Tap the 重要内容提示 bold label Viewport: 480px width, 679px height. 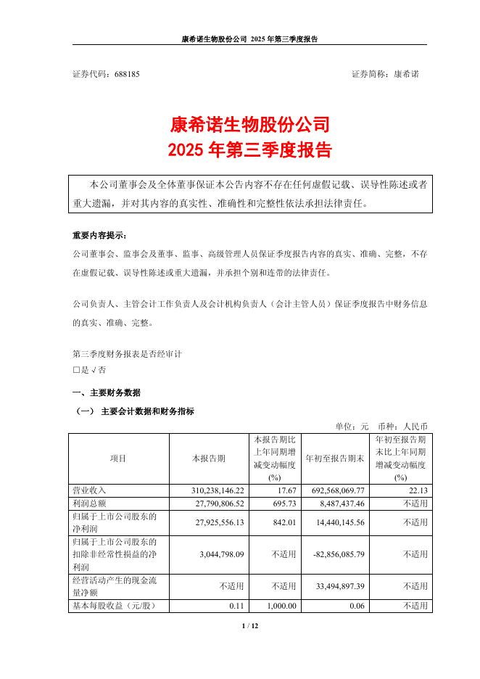[98, 236]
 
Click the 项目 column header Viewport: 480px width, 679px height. [118, 458]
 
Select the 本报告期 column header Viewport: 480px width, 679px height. [208, 458]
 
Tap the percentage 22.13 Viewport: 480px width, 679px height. [418, 491]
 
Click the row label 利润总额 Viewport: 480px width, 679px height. [88, 503]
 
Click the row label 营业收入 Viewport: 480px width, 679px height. [88, 491]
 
